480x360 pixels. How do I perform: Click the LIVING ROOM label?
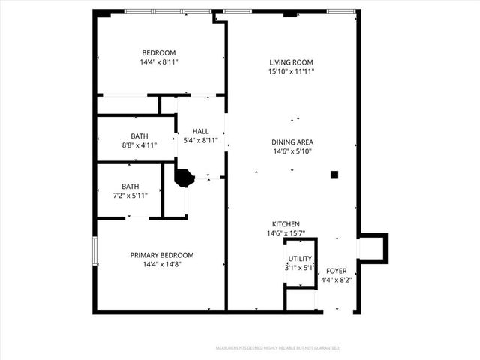coord(291,62)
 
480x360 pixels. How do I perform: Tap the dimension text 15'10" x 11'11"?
coord(291,72)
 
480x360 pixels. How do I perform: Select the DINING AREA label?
coord(292,142)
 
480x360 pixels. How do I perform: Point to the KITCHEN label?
coord(286,224)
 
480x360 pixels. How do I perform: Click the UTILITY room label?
coord(300,259)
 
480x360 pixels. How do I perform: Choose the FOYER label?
coord(336,271)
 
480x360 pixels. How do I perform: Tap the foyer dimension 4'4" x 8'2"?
coord(336,280)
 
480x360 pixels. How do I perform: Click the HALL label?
coord(200,131)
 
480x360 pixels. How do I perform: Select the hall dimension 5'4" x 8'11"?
coord(200,140)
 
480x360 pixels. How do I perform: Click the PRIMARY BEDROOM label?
coord(162,255)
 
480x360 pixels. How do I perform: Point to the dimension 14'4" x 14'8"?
coord(162,264)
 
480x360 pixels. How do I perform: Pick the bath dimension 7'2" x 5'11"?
coord(130,196)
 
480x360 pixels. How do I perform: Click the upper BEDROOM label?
coord(159,52)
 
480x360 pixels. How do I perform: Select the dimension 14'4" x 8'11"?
coord(159,62)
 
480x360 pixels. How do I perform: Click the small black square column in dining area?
coord(334,175)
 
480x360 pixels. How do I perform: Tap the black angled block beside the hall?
coord(184,177)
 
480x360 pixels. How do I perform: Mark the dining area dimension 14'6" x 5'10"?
coord(292,151)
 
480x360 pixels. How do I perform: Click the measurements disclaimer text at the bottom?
coord(278,348)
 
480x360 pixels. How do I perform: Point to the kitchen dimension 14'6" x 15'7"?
coord(286,234)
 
